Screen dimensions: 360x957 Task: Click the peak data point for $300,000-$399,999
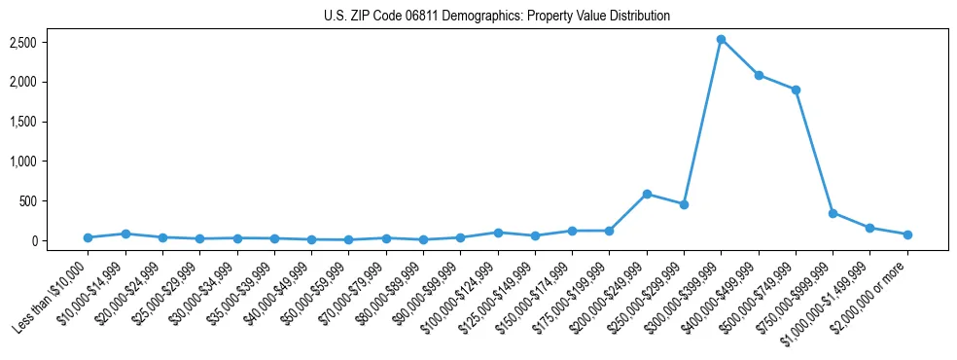click(x=721, y=39)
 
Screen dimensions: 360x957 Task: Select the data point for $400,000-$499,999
click(x=759, y=75)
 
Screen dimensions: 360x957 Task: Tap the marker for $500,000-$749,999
click(x=796, y=90)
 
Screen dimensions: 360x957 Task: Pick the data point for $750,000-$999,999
click(x=833, y=213)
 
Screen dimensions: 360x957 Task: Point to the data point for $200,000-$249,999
click(x=647, y=194)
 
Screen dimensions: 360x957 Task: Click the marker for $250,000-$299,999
click(x=684, y=204)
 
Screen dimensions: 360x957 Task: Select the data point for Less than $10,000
click(x=88, y=237)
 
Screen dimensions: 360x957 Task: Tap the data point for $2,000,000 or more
click(x=907, y=234)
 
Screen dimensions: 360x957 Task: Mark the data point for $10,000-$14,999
click(x=125, y=234)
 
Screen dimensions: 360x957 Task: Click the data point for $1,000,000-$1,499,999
click(x=870, y=228)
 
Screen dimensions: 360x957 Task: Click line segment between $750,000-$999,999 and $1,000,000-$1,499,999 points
click(x=851, y=221)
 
